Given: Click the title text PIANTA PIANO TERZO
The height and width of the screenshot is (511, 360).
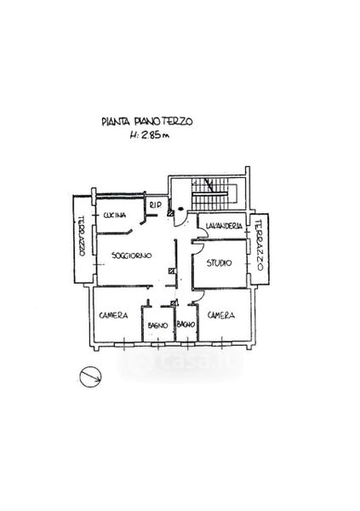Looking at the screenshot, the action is pos(147,122).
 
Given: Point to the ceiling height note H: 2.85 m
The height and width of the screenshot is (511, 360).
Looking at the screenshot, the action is pos(150,135).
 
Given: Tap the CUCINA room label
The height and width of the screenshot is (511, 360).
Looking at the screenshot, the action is pos(114,215).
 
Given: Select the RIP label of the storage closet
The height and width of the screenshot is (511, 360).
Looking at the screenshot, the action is pos(156,205).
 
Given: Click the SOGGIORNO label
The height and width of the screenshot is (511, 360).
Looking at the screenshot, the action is pos(131,255).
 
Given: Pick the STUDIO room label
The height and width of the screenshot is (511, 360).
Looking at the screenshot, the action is pos(220,262).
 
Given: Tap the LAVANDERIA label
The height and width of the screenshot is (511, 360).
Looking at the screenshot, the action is pos(224,226).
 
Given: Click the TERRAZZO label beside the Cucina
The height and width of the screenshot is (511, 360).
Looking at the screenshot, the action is pos(82,236).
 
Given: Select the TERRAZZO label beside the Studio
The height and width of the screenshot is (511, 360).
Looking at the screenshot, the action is pos(259,245).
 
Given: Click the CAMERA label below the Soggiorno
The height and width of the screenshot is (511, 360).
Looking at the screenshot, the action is pos(113,315).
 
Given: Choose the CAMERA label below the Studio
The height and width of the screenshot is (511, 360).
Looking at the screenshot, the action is pos(221,315).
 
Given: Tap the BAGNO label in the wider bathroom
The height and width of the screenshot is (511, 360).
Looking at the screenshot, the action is pos(157,325).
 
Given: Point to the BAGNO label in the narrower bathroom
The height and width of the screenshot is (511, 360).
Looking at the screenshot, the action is pos(186,324).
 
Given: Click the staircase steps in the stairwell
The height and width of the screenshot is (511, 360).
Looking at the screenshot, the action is pos(209,194).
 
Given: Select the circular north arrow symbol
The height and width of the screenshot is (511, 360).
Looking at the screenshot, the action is pos(90,376).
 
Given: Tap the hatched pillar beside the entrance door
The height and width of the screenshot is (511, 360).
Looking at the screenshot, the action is pos(170,213).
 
